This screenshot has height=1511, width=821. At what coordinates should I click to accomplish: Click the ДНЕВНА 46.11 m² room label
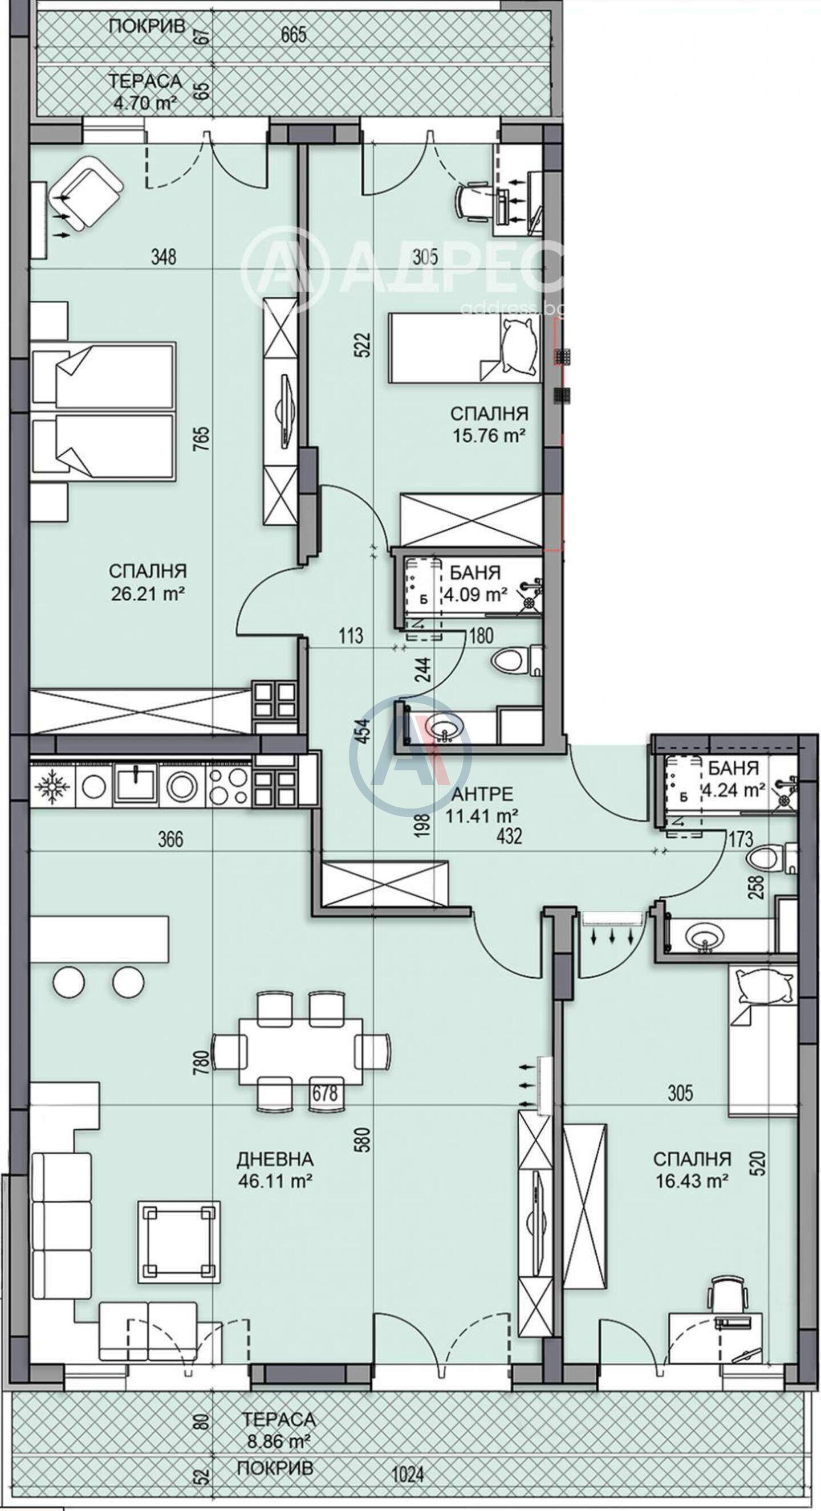coord(275,1153)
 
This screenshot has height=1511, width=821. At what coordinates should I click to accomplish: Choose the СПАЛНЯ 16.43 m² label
coord(692,1153)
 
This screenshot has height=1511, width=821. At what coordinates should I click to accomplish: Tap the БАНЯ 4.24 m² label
coord(734,778)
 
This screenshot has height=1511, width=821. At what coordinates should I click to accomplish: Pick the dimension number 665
coord(294,35)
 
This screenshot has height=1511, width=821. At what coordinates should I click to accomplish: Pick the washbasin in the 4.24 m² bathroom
coord(703,935)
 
